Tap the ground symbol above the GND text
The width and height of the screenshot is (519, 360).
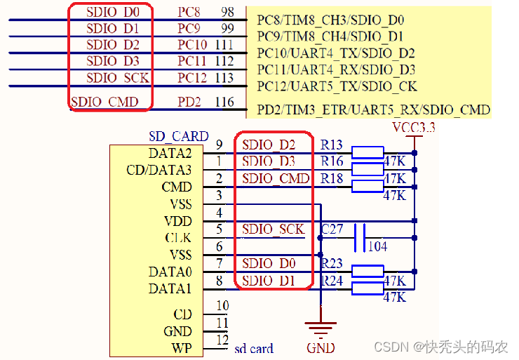tap(320, 327)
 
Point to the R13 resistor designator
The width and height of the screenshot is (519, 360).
tap(332, 145)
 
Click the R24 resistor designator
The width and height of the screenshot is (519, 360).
tap(332, 281)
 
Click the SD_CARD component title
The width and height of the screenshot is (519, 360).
tap(178, 136)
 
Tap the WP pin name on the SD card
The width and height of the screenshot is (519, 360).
tap(181, 348)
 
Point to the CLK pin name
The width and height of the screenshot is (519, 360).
tap(177, 238)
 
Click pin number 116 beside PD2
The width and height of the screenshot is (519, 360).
tap(224, 102)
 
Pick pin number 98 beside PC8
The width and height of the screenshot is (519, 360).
tap(227, 13)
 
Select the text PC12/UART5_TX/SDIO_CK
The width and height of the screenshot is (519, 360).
tap(337, 86)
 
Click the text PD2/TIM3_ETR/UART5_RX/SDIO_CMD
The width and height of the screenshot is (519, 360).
tap(373, 110)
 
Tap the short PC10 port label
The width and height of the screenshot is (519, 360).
tap(192, 45)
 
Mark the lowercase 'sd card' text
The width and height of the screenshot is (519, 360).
tap(253, 348)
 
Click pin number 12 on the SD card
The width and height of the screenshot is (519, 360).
tap(222, 340)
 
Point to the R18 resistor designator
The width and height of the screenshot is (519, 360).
tap(332, 179)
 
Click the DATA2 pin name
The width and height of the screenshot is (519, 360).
tap(170, 153)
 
